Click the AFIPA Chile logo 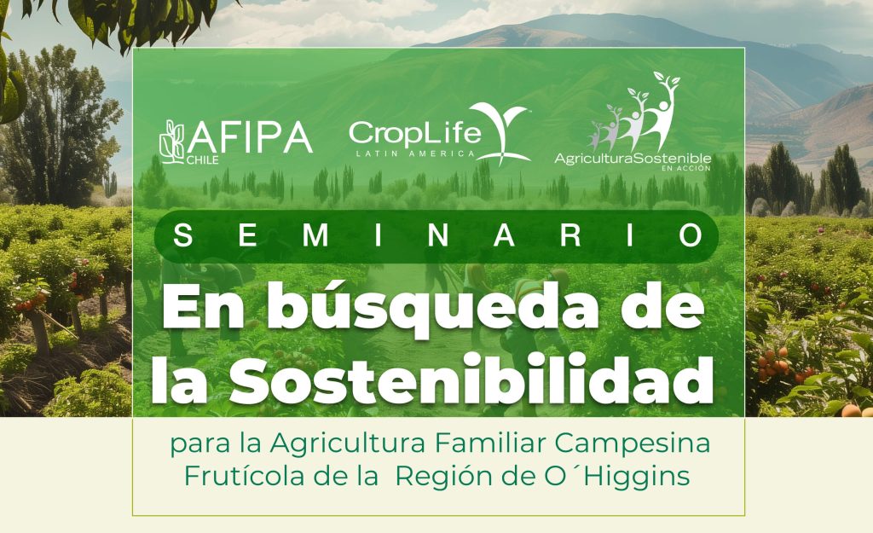click(x=235, y=142)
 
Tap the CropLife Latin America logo click(x=439, y=134)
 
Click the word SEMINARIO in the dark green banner click(x=437, y=235)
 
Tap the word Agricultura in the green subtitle click(x=348, y=444)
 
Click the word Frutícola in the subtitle click(x=245, y=477)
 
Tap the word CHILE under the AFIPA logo click(x=203, y=160)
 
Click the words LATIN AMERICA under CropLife click(x=415, y=154)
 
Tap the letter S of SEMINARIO click(x=183, y=235)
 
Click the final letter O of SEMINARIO click(x=691, y=235)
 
